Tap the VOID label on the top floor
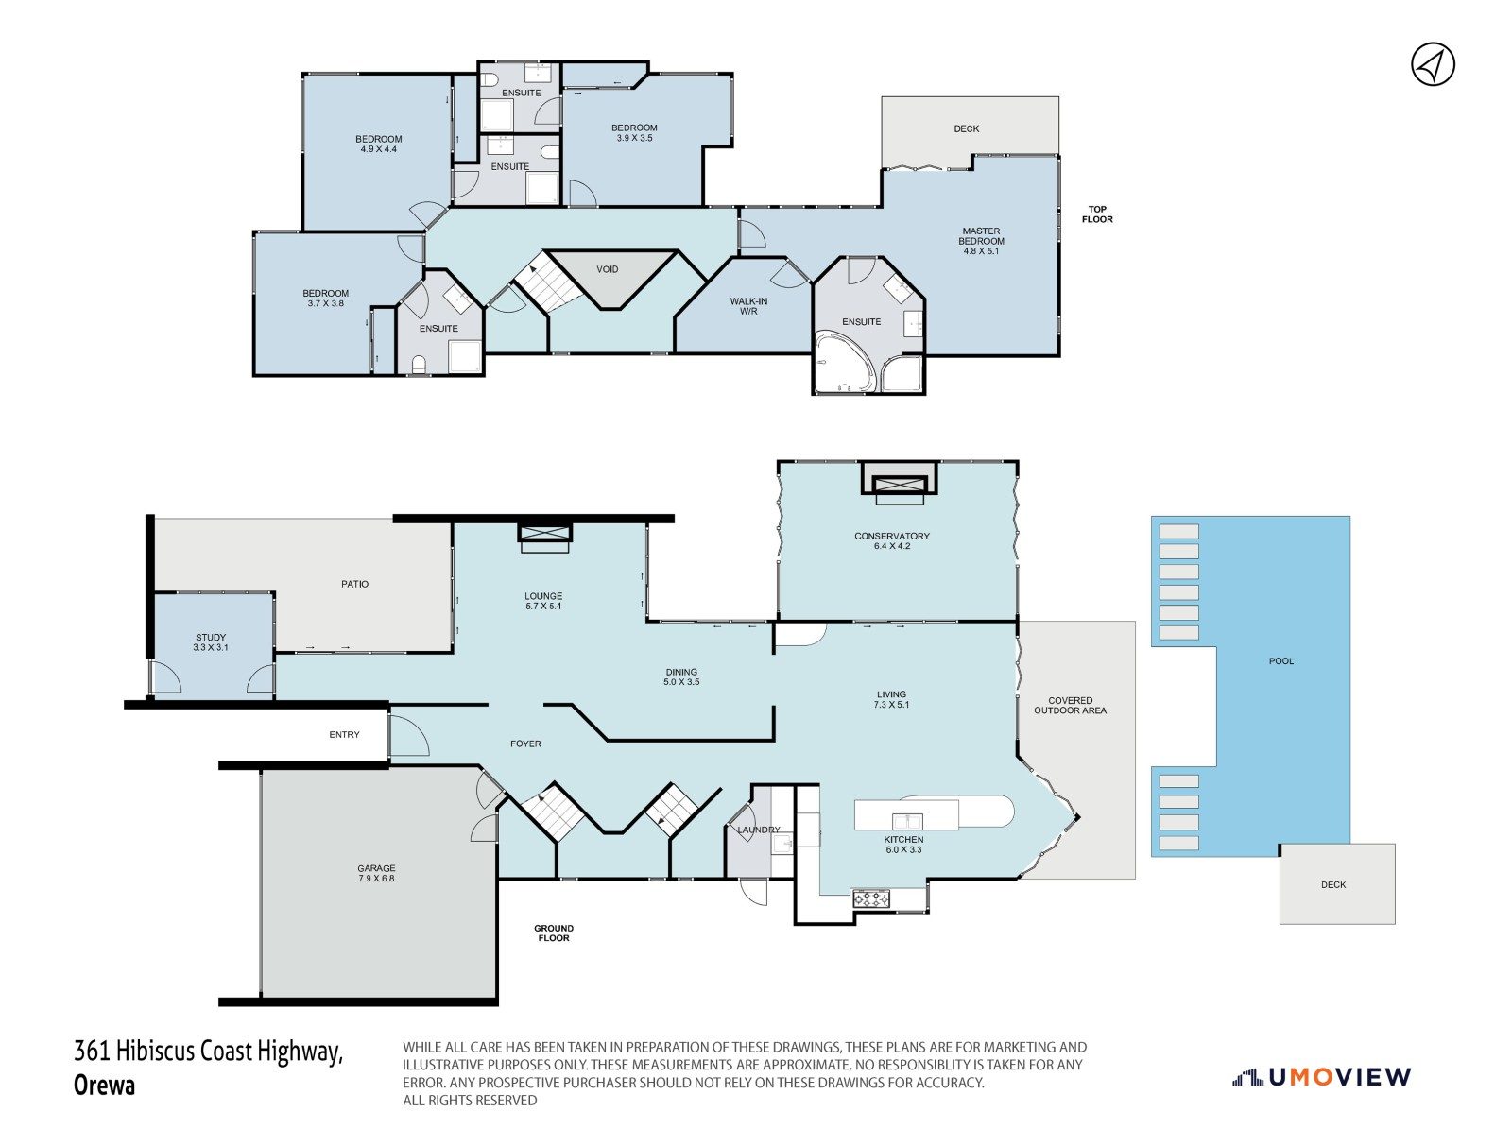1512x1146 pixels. [x=607, y=269]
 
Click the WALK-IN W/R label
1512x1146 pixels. [x=748, y=306]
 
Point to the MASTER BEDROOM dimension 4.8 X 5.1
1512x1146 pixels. [x=981, y=251]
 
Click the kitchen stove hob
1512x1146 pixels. [x=871, y=898]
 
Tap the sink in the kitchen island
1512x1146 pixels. [x=907, y=821]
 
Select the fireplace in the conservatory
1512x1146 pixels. [x=900, y=484]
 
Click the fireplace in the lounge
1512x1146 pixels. [x=545, y=538]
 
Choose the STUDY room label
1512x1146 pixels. [x=210, y=637]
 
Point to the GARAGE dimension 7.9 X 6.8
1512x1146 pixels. [x=376, y=878]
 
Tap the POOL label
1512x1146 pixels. [x=1281, y=661]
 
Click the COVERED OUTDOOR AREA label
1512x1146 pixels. [x=1070, y=705]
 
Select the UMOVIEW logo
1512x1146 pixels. [x=1322, y=1076]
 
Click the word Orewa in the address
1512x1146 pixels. [x=104, y=1086]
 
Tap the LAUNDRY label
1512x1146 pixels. [x=759, y=830]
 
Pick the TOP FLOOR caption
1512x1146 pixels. [x=1096, y=214]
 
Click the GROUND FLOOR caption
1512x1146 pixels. [x=553, y=933]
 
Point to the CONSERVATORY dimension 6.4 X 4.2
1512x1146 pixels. [x=891, y=546]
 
